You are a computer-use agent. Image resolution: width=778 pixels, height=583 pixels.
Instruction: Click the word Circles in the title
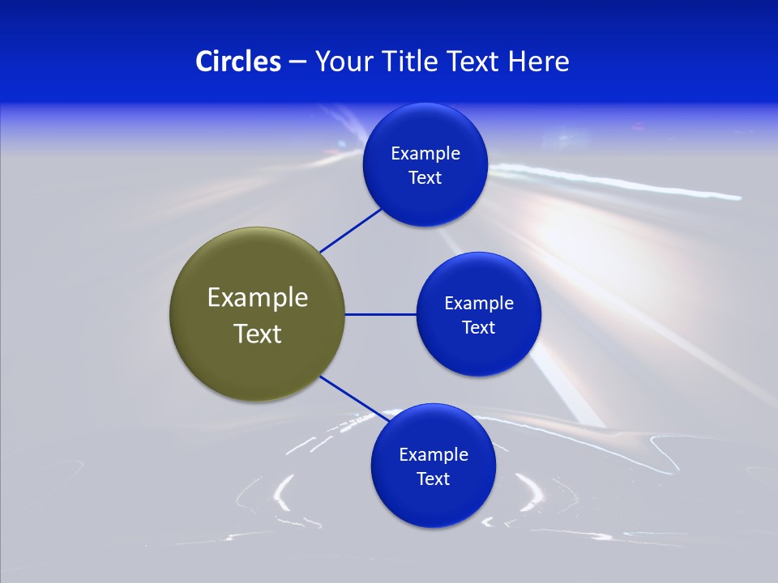[237, 62]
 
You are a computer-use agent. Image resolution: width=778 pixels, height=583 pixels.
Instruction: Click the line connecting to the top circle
[351, 230]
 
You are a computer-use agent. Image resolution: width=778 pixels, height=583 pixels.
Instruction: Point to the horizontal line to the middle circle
[380, 314]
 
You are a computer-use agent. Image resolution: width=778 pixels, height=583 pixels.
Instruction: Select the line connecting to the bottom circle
[353, 398]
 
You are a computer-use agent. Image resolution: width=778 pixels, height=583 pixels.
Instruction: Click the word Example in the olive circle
[258, 298]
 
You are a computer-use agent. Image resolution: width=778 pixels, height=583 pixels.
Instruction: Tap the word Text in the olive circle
[258, 334]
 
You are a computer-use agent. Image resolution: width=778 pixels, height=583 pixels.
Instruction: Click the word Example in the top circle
[425, 154]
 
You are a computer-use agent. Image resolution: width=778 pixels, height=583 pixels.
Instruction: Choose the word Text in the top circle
[425, 178]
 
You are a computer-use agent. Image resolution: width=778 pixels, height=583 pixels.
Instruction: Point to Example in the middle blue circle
[479, 304]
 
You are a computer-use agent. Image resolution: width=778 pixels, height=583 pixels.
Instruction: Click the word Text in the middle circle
[478, 328]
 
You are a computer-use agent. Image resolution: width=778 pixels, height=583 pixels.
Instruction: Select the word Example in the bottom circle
[434, 455]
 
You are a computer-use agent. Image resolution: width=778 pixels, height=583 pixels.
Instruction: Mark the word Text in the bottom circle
[433, 479]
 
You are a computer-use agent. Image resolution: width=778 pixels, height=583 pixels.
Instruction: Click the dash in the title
[297, 62]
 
